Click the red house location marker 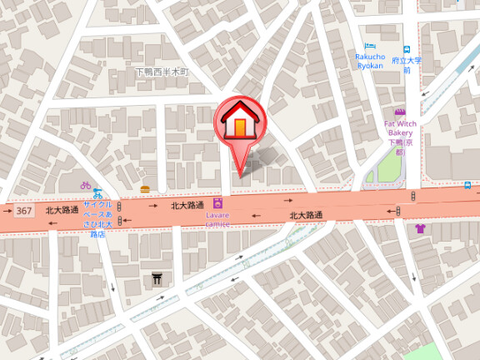pyautogui.click(x=240, y=125)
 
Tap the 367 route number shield pyautogui.click(x=24, y=211)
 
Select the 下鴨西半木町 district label pyautogui.click(x=162, y=72)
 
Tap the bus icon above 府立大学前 pyautogui.click(x=407, y=49)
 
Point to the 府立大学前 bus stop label pyautogui.click(x=407, y=65)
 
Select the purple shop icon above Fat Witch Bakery pyautogui.click(x=400, y=112)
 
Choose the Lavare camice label pyautogui.click(x=217, y=219)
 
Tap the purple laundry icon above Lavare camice pyautogui.click(x=217, y=202)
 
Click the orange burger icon pyautogui.click(x=146, y=189)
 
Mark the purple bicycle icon pyautogui.click(x=85, y=185)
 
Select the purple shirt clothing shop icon pyautogui.click(x=419, y=227)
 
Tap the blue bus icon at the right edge pyautogui.click(x=468, y=185)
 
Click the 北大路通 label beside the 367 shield pyautogui.click(x=62, y=210)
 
